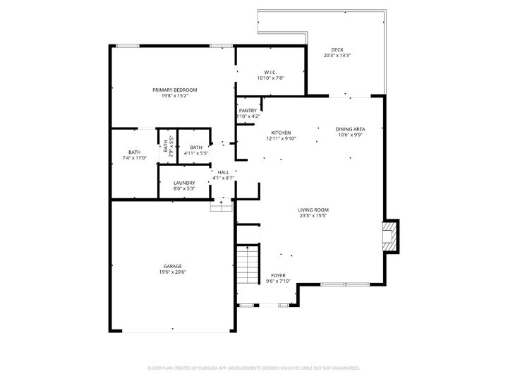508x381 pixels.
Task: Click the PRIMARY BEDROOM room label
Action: click(174, 90)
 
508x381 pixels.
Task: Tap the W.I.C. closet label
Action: click(270, 72)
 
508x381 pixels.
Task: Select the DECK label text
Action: click(337, 49)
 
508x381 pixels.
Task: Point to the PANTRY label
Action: click(248, 110)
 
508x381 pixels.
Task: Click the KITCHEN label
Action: click(282, 133)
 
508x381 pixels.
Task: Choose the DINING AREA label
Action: click(350, 129)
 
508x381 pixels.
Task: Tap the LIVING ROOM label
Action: click(313, 210)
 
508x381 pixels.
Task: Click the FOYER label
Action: click(279, 275)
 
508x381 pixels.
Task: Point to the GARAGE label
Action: click(173, 266)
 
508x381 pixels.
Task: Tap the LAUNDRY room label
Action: click(184, 183)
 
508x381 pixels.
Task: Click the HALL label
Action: click(223, 172)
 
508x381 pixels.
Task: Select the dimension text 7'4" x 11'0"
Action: click(134, 158)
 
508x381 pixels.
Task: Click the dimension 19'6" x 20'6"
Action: click(173, 272)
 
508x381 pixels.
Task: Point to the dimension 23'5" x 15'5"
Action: click(313, 216)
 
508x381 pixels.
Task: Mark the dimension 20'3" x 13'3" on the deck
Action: click(337, 56)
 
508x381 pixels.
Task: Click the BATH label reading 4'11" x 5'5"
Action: click(195, 147)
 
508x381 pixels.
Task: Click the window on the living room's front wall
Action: click(344, 285)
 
